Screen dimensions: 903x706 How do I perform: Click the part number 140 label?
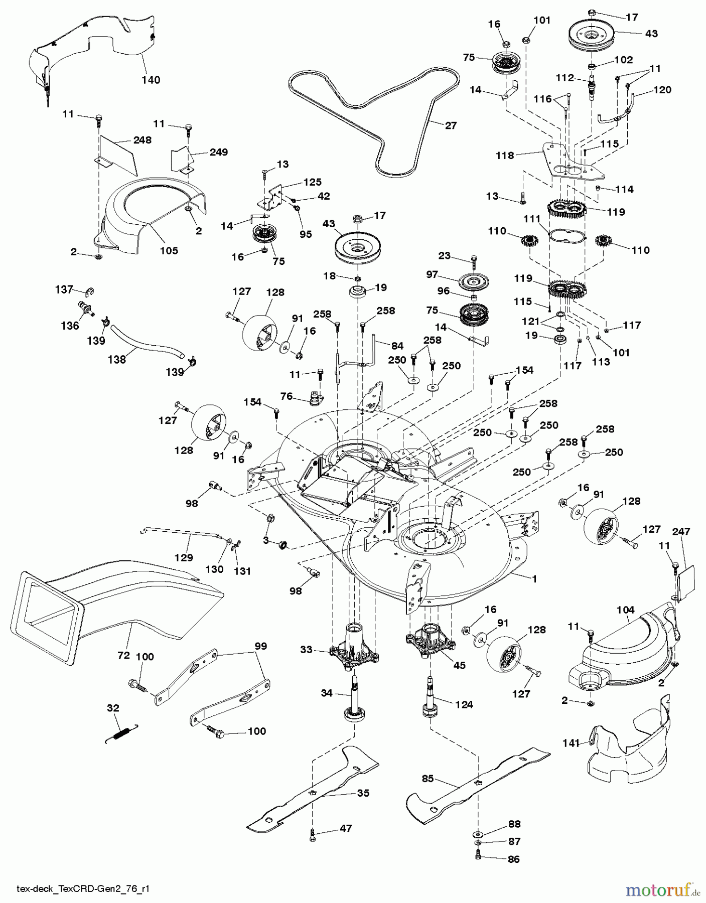tap(151, 80)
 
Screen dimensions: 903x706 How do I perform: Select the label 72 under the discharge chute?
tap(123, 655)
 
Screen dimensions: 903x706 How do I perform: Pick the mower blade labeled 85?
tap(477, 783)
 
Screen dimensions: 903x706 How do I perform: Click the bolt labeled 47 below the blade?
tap(313, 833)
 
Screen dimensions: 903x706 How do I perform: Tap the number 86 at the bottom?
tap(514, 859)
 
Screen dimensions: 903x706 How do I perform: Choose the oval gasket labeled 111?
tap(567, 235)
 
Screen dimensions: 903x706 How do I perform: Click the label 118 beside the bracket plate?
tap(505, 156)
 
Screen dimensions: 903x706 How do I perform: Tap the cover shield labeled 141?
tap(627, 737)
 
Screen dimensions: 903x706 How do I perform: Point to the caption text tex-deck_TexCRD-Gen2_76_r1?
tap(83, 889)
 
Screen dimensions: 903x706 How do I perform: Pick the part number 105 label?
tap(169, 250)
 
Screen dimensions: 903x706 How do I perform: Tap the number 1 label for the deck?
tap(534, 579)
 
